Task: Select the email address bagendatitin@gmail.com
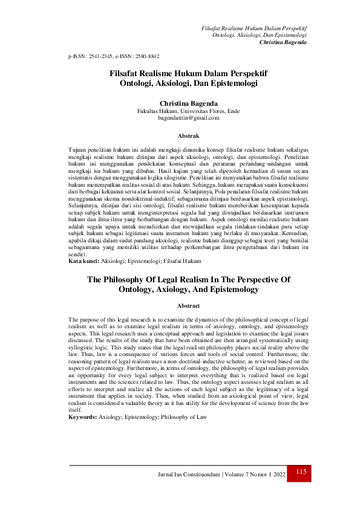[179, 118]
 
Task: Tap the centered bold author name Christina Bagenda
[180, 103]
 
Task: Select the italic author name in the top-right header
[282, 42]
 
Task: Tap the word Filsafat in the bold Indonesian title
[126, 73]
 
